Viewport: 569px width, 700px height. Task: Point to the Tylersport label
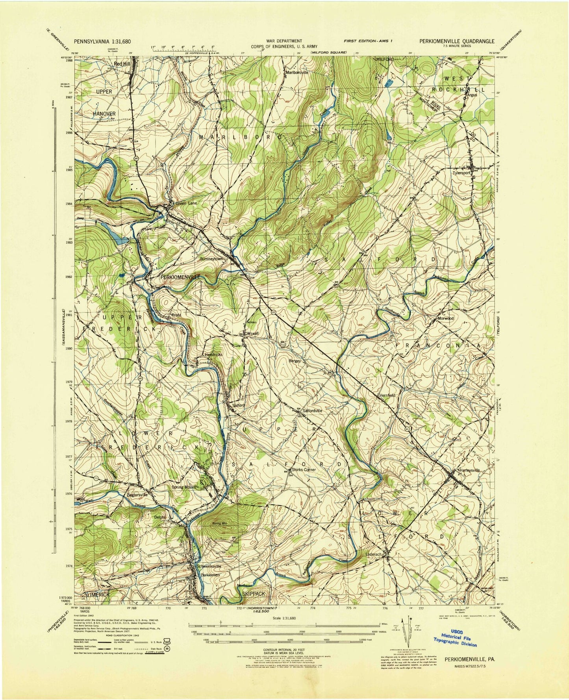point(463,172)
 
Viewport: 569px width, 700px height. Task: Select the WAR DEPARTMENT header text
point(289,41)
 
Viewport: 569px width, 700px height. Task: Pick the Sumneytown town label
point(211,259)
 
